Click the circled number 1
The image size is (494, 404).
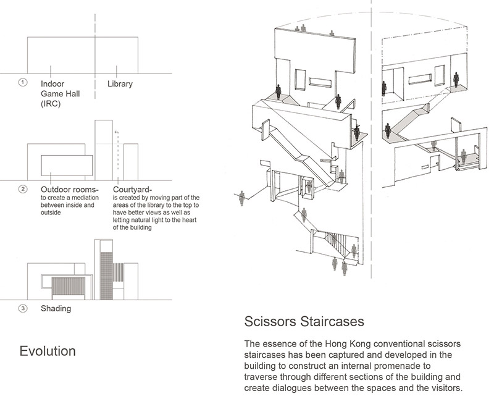(x=23, y=82)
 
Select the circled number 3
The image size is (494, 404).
(x=23, y=308)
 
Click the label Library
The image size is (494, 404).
(x=120, y=83)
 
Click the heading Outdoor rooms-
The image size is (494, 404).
(x=69, y=188)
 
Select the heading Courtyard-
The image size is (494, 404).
(x=135, y=188)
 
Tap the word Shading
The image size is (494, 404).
(x=56, y=309)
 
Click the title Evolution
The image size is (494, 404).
(x=48, y=351)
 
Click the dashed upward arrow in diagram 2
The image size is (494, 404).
(x=115, y=151)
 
